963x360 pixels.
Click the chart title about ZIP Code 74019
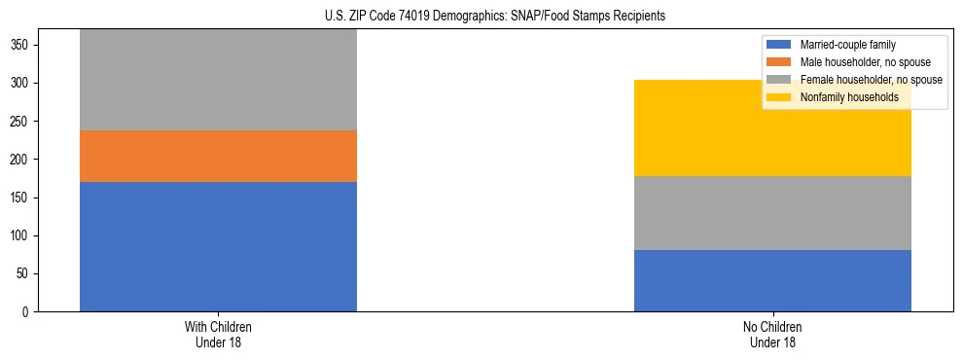tap(495, 17)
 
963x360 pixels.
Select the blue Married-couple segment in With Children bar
tap(218, 246)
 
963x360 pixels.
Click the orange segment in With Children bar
tap(218, 156)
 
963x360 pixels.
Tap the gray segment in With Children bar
tap(218, 81)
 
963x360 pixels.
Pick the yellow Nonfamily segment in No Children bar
tap(772, 127)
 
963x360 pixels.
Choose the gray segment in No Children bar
tap(772, 213)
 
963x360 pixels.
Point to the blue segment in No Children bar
tap(772, 280)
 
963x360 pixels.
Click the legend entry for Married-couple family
tap(847, 45)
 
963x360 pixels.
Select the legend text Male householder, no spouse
tap(865, 62)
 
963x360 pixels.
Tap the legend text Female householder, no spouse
tap(871, 80)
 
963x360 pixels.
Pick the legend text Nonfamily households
tap(849, 96)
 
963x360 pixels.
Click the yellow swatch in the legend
tap(780, 96)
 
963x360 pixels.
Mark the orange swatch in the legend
tap(780, 62)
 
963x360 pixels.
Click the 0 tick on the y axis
tap(28, 312)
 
